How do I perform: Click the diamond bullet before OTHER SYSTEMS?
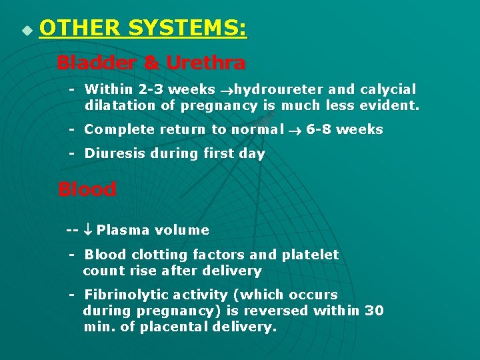[x=26, y=31]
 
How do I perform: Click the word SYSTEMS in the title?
[x=187, y=29]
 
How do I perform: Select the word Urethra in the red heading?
[x=205, y=63]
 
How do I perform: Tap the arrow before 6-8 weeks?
[x=295, y=130]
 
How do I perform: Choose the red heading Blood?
[x=87, y=189]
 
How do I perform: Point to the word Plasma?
[x=123, y=230]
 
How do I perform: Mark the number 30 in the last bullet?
[x=374, y=311]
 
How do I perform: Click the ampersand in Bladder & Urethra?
[x=152, y=63]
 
